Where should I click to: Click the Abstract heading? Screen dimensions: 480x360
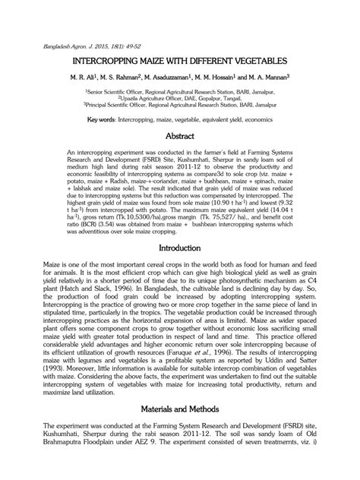pos(180,137)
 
